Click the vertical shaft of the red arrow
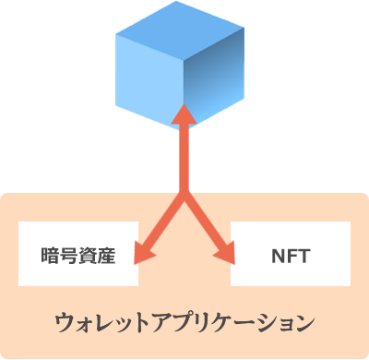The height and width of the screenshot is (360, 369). tap(184, 157)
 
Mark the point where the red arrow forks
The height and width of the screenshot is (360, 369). tap(184, 194)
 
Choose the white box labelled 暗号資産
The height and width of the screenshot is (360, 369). tap(78, 253)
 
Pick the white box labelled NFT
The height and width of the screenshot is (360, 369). tap(291, 253)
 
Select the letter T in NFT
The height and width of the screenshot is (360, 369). tap(303, 254)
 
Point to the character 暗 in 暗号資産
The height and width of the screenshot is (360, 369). tap(51, 254)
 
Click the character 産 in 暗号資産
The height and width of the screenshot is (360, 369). tap(106, 254)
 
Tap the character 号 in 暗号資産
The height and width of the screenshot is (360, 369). tap(69, 254)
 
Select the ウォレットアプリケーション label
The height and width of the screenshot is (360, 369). tap(184, 322)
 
